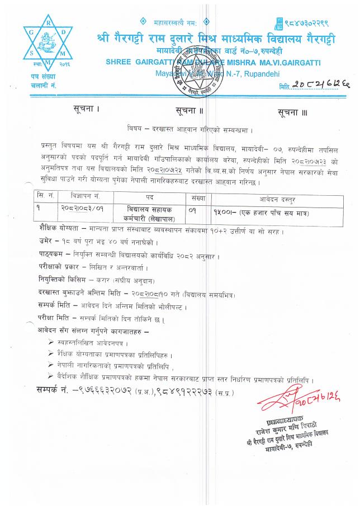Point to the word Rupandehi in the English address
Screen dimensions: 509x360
click(x=264, y=73)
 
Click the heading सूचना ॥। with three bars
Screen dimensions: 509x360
click(x=293, y=112)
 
